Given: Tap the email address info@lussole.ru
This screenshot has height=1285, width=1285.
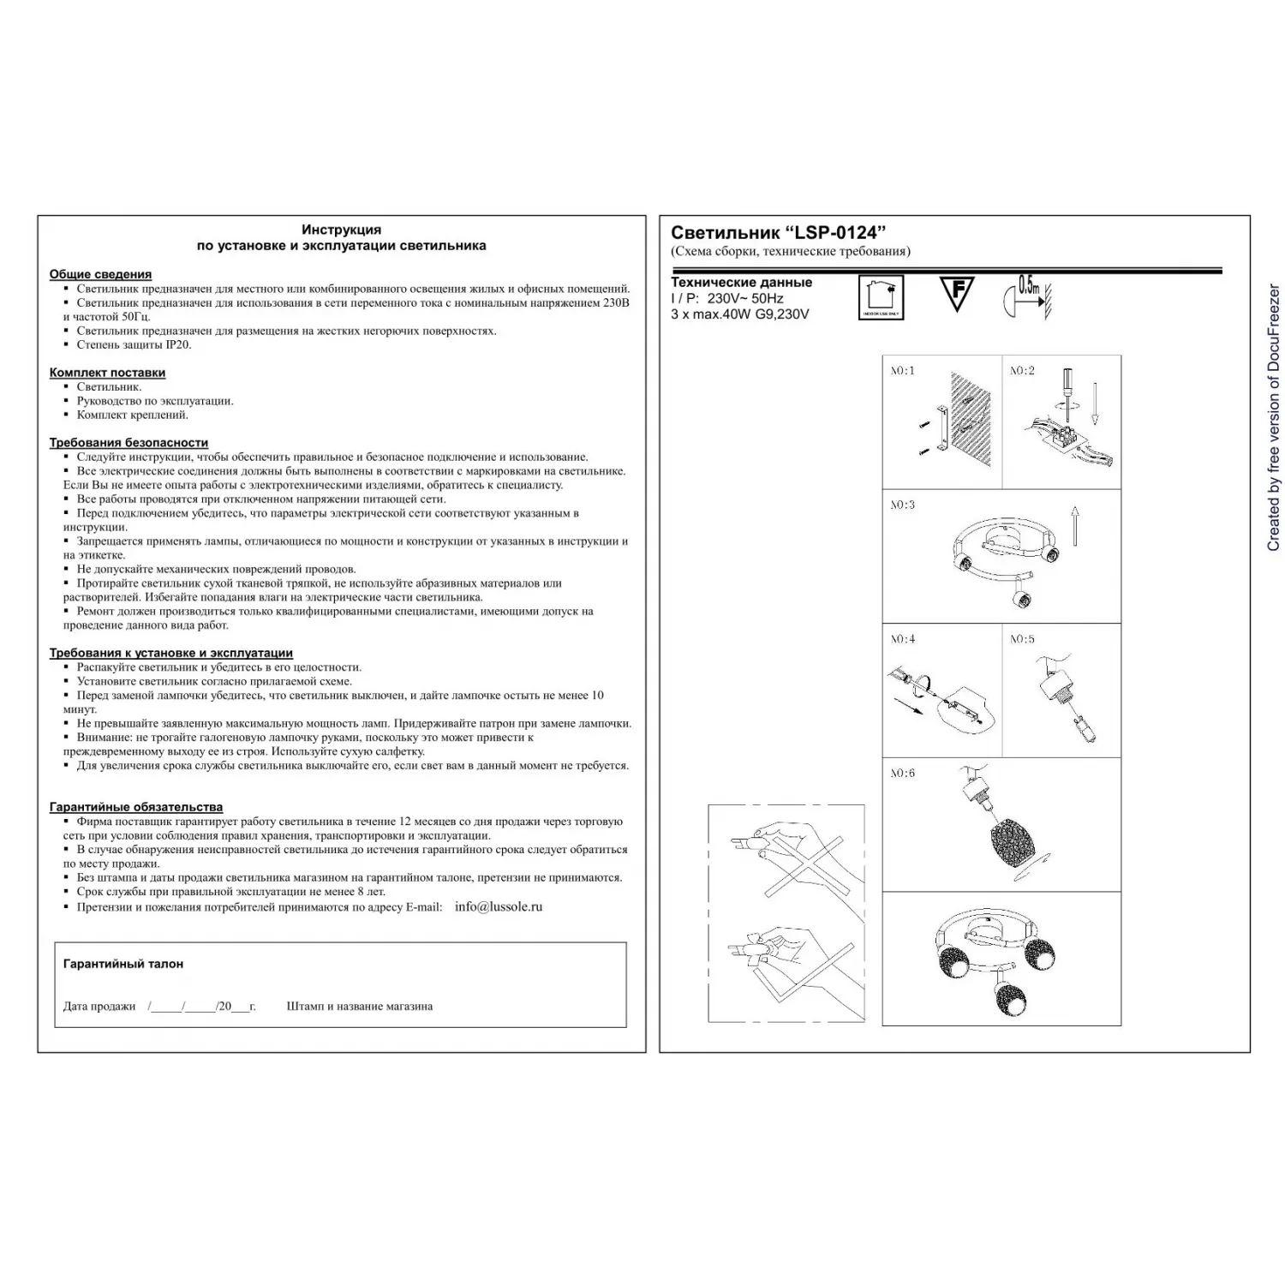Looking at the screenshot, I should (499, 906).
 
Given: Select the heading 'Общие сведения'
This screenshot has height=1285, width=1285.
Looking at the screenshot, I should (100, 274).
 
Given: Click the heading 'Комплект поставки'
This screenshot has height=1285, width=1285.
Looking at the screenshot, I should (107, 373).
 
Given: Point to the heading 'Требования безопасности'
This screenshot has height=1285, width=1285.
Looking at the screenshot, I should (128, 442).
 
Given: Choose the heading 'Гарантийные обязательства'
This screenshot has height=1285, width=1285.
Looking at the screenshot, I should (136, 807).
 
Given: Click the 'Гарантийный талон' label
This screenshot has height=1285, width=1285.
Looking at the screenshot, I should (123, 964).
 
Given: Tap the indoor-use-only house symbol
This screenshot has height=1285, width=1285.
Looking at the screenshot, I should (881, 296).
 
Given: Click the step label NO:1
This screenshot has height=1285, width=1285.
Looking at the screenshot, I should (902, 371).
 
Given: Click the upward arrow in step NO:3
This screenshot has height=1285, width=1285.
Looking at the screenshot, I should (1075, 525).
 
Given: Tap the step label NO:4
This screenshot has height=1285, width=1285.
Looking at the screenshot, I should (902, 639).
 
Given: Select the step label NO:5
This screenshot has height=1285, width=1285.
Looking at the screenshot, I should (1021, 639).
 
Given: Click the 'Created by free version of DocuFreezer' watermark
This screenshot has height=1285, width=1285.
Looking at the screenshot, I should (1273, 418).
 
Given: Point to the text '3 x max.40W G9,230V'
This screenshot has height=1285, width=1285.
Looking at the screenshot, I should (739, 314).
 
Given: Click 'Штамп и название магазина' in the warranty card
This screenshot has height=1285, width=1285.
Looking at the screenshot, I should (360, 1007).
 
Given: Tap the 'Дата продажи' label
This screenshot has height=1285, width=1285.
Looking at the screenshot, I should (99, 1007).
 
